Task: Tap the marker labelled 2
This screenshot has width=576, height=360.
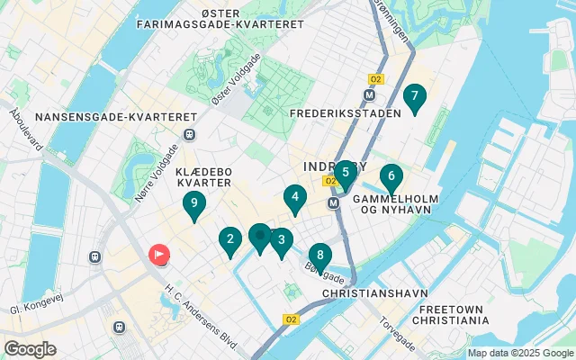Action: (x=230, y=240)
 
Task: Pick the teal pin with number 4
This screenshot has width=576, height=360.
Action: (x=294, y=197)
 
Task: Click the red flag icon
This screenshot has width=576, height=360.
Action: (x=158, y=255)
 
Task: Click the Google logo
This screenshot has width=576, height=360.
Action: (x=31, y=348)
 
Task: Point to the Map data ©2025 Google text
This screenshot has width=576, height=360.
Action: (x=519, y=353)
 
